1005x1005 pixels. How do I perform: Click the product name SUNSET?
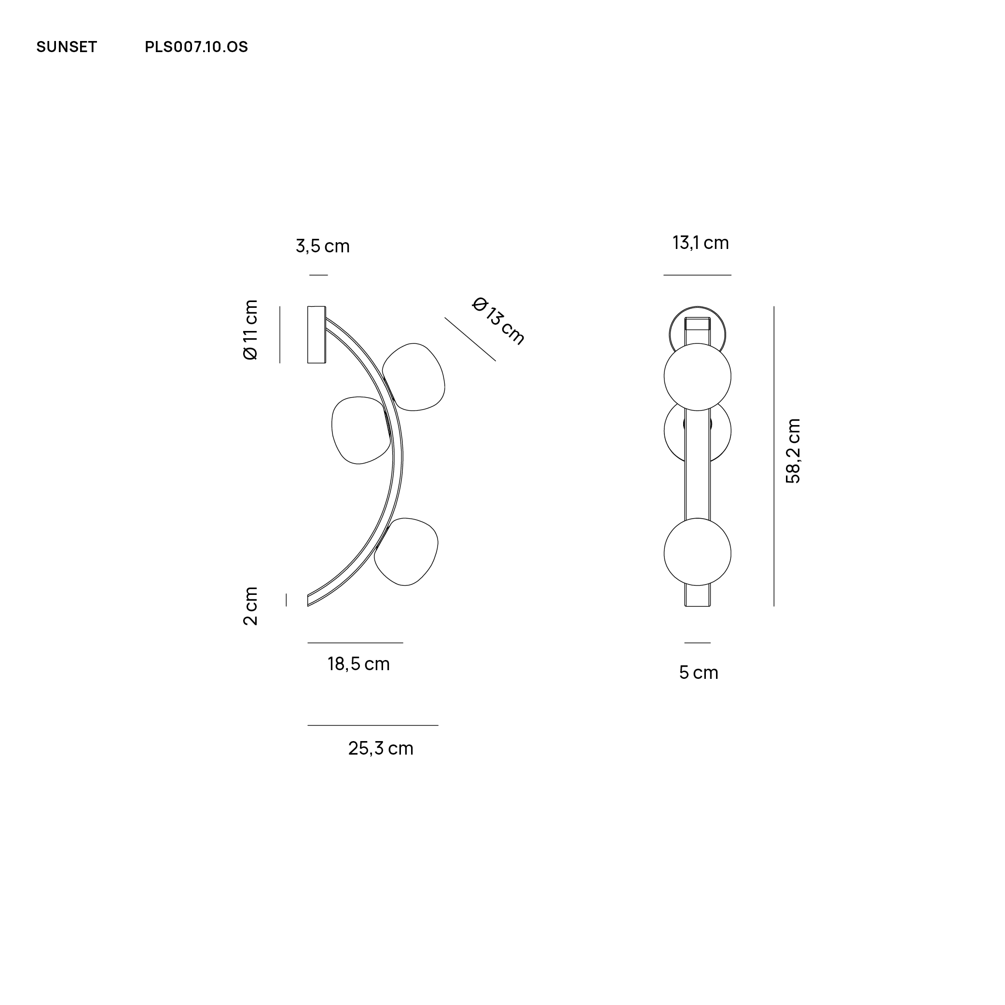point(67,47)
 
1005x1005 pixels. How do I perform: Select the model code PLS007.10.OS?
point(196,47)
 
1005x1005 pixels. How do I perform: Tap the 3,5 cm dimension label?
point(322,246)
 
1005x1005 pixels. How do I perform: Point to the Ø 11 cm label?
point(250,330)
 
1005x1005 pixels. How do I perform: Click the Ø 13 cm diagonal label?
point(498,321)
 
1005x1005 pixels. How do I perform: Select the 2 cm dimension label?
point(250,606)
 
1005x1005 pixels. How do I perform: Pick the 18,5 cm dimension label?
point(358,664)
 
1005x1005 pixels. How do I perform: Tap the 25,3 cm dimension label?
point(381,748)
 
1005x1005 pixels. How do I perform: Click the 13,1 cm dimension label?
point(701,243)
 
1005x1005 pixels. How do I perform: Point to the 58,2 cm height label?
point(793,451)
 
